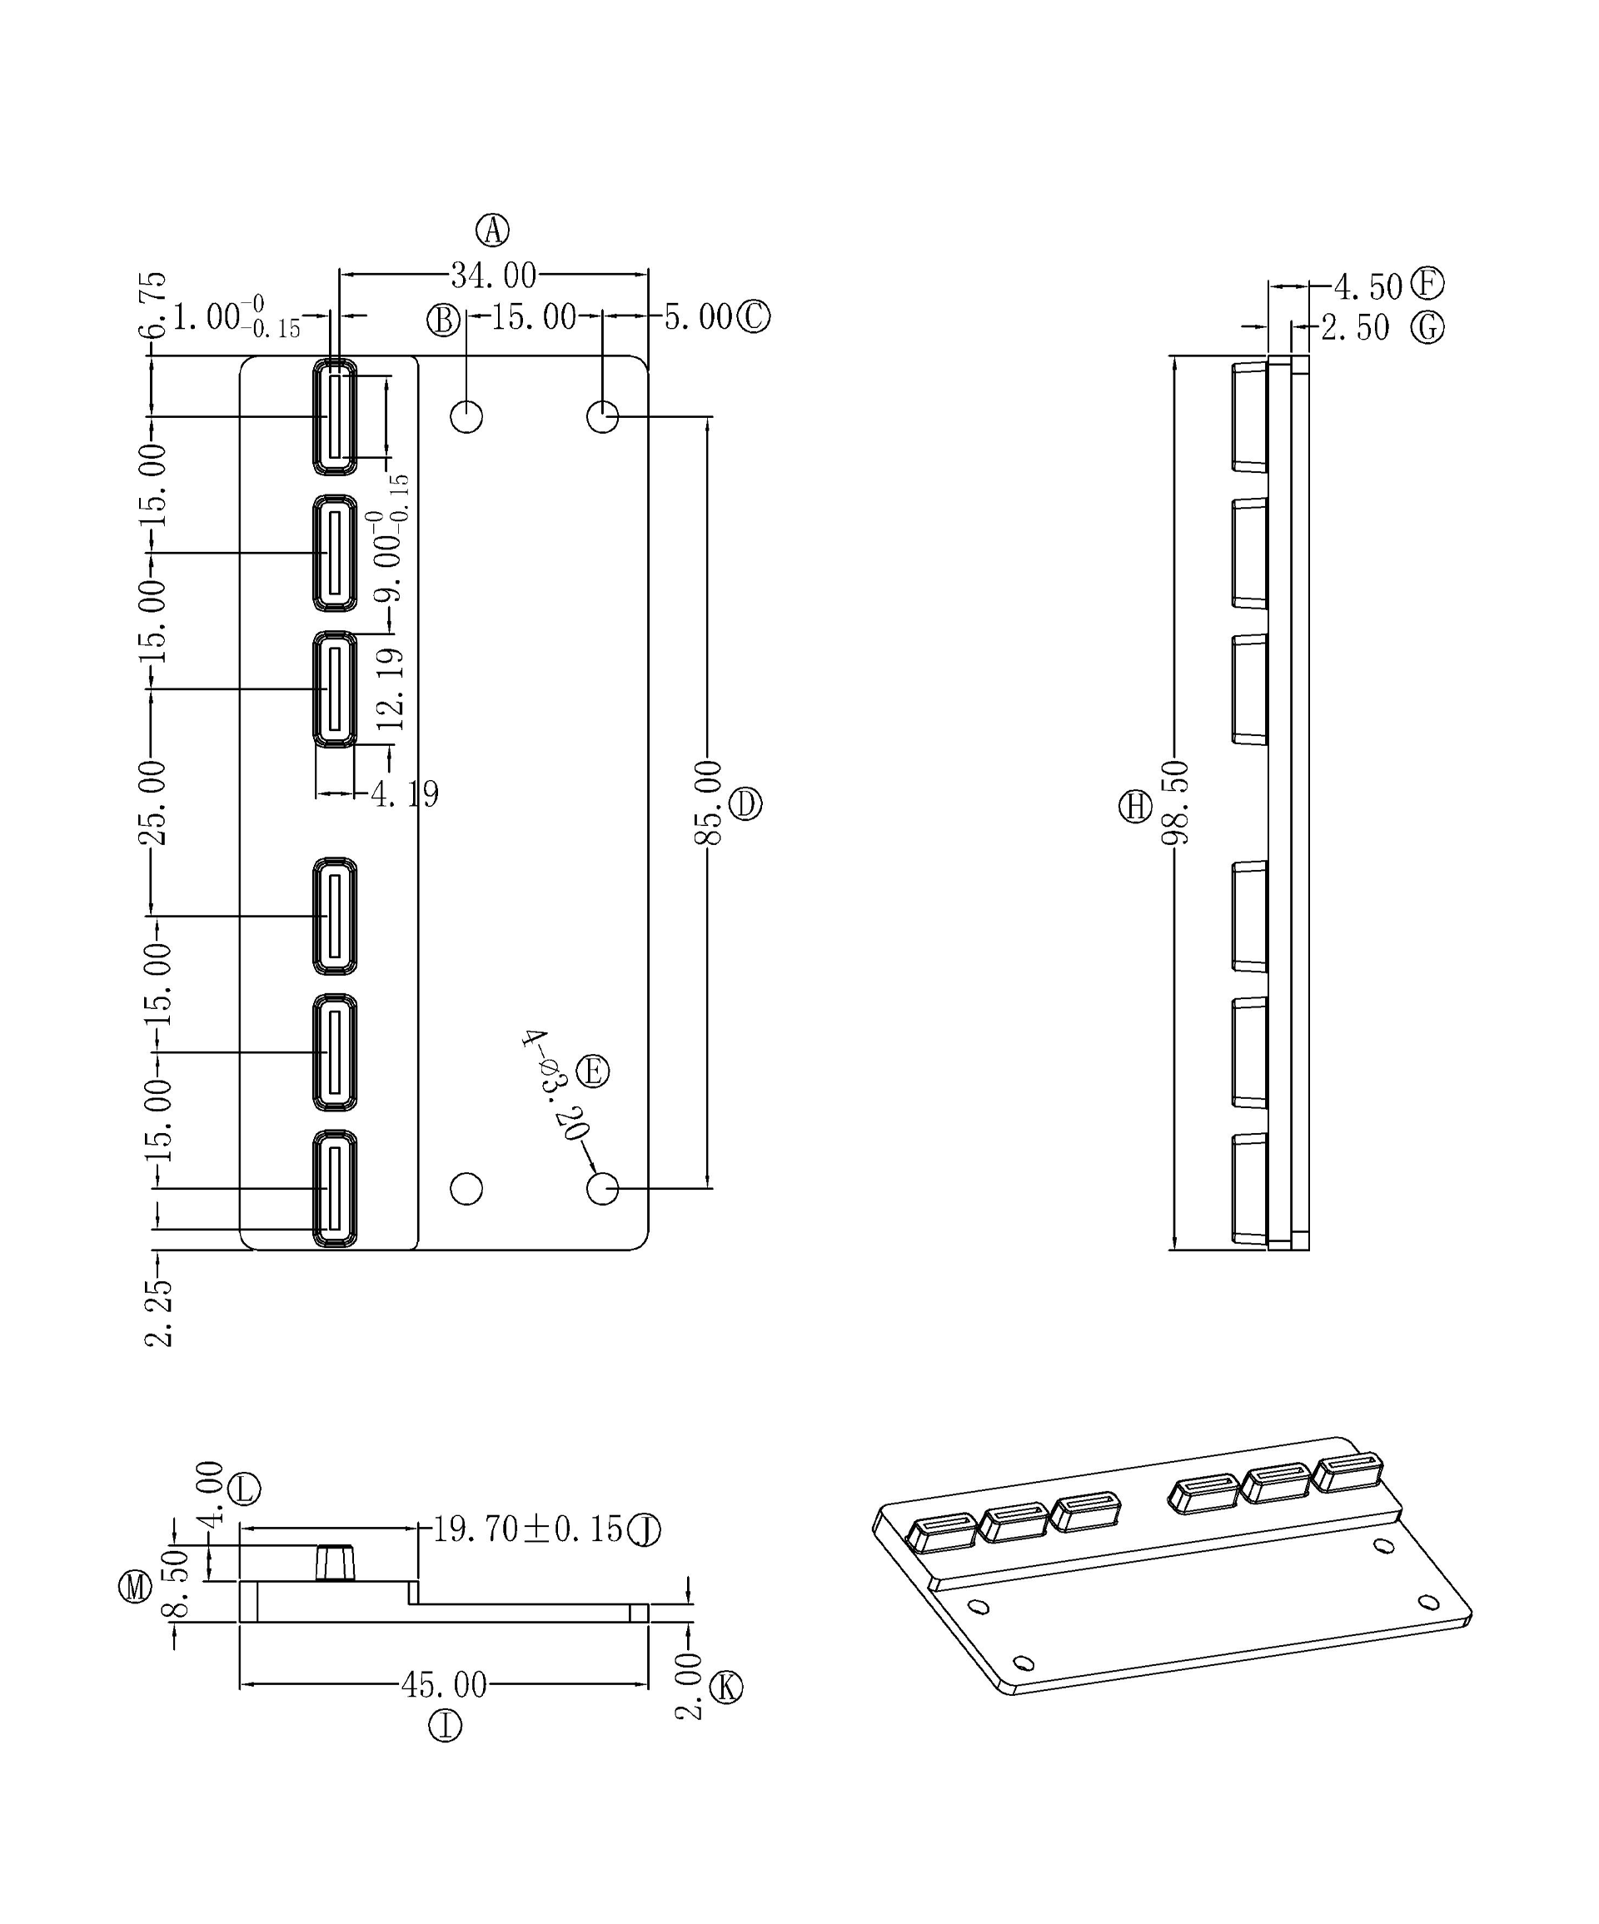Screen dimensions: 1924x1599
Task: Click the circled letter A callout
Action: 493,230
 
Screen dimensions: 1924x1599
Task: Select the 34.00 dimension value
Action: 493,275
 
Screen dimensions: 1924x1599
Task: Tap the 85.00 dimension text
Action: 709,803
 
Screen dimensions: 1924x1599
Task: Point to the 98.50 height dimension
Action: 1175,803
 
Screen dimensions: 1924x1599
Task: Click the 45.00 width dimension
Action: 445,1684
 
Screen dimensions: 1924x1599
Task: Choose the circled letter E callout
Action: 592,1071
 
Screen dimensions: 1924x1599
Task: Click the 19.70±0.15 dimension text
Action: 527,1529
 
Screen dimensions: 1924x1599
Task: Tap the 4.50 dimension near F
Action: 1368,286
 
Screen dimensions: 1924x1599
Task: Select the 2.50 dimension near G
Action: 1355,328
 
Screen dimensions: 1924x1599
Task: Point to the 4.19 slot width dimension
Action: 405,793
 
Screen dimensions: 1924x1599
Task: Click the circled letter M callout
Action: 136,1586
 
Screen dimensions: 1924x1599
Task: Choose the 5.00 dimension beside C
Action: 698,317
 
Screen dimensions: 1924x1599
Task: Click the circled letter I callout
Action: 446,1727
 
